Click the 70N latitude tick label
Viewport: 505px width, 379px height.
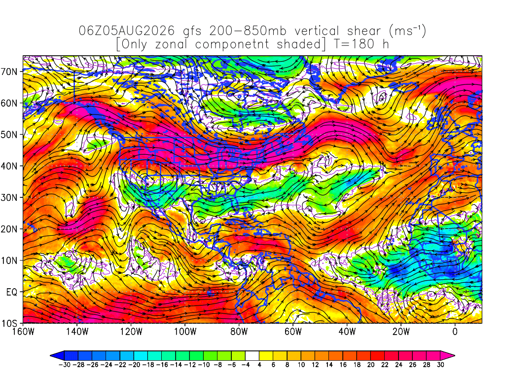point(9,71)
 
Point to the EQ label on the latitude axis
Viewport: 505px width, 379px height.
point(12,292)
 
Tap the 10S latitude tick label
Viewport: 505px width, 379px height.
point(9,323)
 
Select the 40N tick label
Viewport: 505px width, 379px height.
point(9,166)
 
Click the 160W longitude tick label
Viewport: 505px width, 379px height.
point(23,331)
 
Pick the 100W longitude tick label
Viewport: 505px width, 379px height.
point(185,331)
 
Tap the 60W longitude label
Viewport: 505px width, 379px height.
point(293,331)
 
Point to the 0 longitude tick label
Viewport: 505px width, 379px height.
point(455,331)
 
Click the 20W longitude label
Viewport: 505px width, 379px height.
point(401,331)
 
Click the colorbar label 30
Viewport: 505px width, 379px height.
point(440,365)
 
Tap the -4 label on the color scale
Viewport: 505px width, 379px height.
point(246,365)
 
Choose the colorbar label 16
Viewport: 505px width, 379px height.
point(343,365)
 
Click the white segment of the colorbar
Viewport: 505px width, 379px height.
point(252,356)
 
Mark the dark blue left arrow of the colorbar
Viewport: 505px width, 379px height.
point(57,356)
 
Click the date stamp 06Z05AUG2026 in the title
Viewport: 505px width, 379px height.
point(127,31)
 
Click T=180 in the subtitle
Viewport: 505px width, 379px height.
point(354,44)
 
